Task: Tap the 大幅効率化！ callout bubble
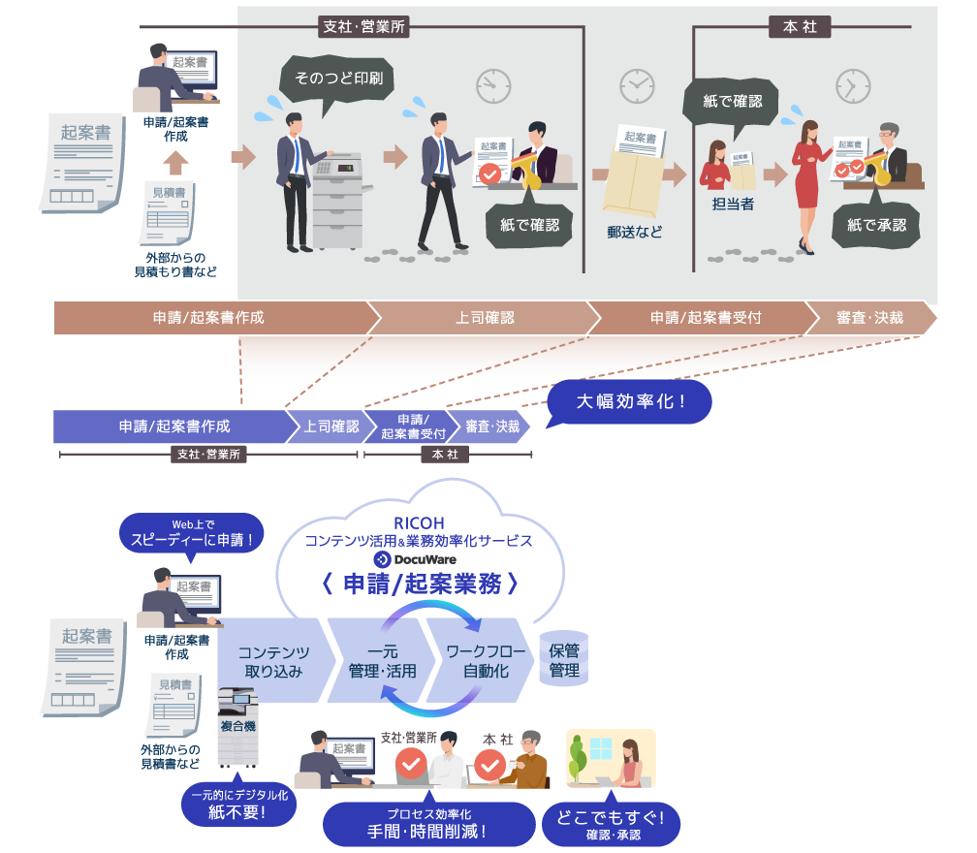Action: [x=631, y=400]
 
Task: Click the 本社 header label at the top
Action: [x=800, y=27]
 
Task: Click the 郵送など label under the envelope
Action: [x=635, y=233]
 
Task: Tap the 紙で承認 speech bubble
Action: [x=875, y=225]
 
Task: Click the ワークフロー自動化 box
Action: [x=478, y=661]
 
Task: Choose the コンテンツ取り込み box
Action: [x=272, y=661]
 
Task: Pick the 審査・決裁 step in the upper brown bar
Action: [x=868, y=318]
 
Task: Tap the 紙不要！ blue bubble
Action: [x=238, y=806]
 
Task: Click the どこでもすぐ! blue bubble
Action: [x=612, y=822]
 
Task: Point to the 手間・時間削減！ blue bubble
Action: [x=427, y=823]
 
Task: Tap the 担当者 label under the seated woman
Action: [x=733, y=205]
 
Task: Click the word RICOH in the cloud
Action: [x=419, y=523]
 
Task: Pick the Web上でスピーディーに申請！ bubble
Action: [x=192, y=534]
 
